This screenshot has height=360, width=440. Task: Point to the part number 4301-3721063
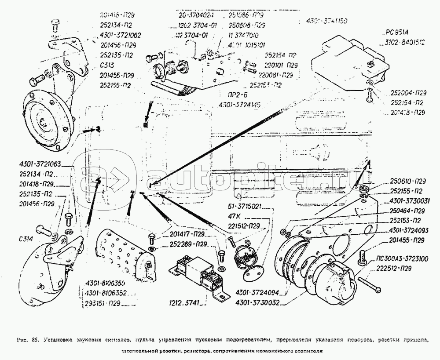(x=40, y=164)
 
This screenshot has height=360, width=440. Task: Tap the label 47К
(x=233, y=217)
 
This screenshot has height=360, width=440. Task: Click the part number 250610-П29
(x=408, y=181)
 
